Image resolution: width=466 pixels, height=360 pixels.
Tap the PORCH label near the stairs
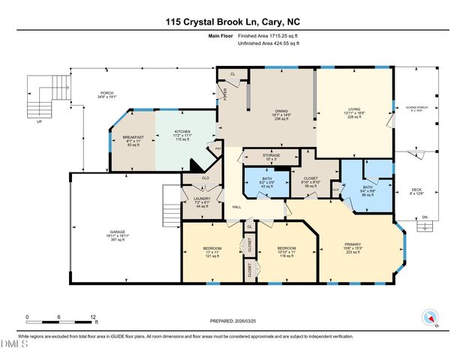(107, 94)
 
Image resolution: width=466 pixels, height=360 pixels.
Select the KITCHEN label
(183, 131)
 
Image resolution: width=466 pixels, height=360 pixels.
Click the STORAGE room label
(272, 155)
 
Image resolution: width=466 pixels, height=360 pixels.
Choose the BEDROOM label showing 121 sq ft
(211, 248)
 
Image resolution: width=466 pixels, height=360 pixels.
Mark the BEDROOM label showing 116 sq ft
(287, 248)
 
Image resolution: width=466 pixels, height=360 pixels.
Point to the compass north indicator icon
(429, 317)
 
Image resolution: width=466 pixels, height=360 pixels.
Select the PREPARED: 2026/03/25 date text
(234, 321)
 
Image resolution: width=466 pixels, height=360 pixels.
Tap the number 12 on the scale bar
(92, 318)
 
